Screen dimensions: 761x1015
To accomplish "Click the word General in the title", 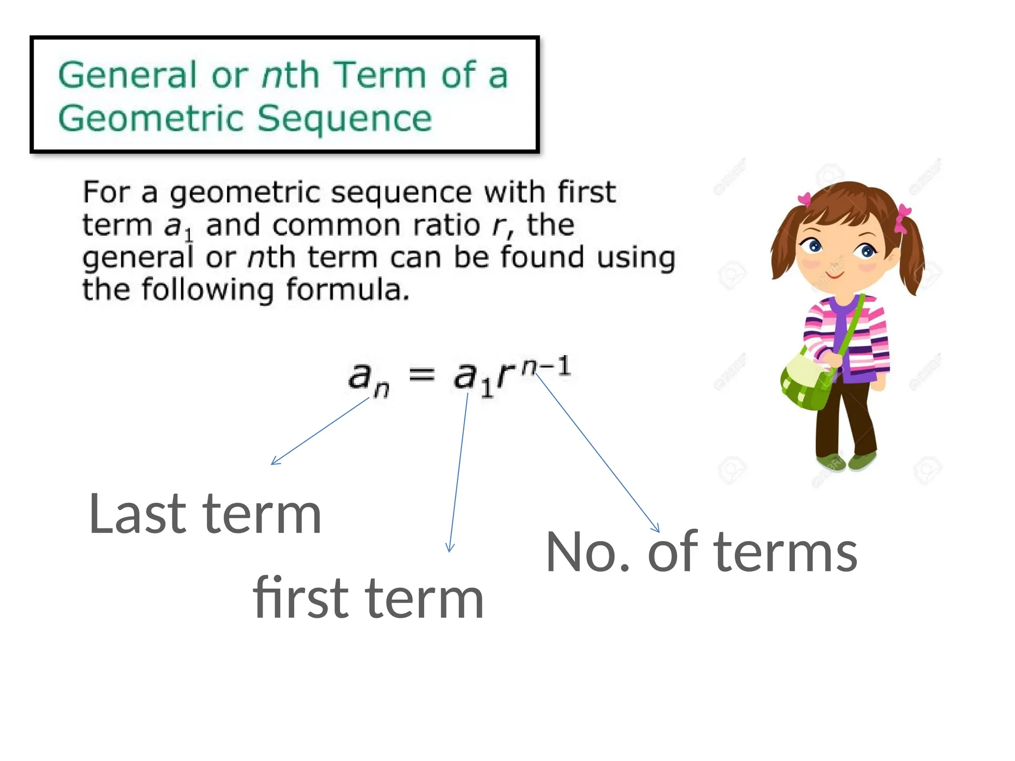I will pyautogui.click(x=127, y=75).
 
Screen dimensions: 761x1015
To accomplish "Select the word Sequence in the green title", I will pyautogui.click(x=344, y=119).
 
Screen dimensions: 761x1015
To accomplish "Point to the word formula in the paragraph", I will pyautogui.click(x=347, y=290).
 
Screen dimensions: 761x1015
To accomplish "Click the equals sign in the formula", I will pyautogui.click(x=422, y=374).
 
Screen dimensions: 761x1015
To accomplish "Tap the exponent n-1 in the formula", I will pyautogui.click(x=547, y=368).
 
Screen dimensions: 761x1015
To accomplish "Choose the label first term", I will pyautogui.click(x=368, y=598).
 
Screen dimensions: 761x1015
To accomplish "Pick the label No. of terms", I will pyautogui.click(x=701, y=552).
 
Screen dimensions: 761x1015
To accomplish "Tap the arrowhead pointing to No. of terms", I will pyautogui.click(x=657, y=529).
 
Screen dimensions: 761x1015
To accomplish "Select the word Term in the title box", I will pyautogui.click(x=379, y=75).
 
